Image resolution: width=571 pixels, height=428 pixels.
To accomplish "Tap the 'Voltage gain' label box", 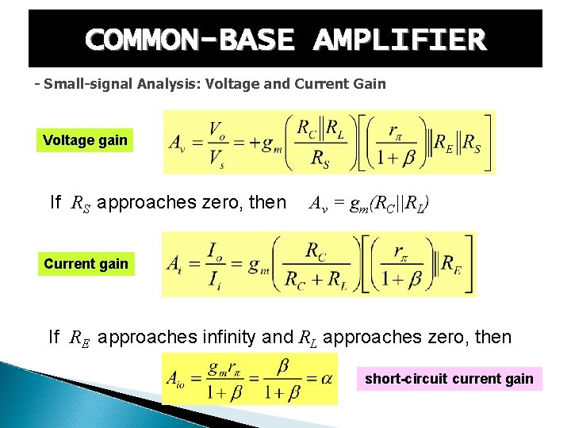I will [x=85, y=140].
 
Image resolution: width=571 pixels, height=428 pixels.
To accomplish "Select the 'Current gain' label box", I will [x=86, y=264].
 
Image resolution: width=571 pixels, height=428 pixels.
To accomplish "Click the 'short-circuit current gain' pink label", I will [x=449, y=379].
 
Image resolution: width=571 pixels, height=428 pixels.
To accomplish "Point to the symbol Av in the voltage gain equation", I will [x=178, y=143].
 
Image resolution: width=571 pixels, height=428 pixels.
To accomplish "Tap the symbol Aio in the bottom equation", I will [x=178, y=379].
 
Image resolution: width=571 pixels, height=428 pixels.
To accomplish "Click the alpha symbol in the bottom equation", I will [x=325, y=379].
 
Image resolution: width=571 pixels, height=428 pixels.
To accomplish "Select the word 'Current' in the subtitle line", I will [x=331, y=83].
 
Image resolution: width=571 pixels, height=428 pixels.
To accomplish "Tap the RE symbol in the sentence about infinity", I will [x=79, y=338].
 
